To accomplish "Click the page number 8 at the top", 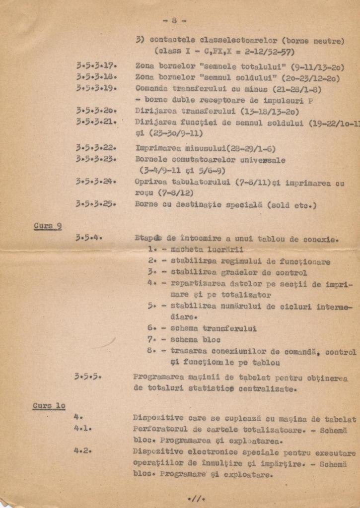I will tap(174, 20).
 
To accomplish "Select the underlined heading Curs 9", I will tap(48, 226).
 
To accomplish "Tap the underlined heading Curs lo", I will tap(49, 406).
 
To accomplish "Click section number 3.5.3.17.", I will tap(96, 65).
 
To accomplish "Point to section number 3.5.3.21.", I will tap(96, 122).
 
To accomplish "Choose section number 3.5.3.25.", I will tap(96, 204).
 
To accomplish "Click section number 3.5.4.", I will tap(89, 238).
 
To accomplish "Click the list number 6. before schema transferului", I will tap(152, 328).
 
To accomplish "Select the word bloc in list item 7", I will tap(210, 340).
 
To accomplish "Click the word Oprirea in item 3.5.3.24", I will tap(151, 182).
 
